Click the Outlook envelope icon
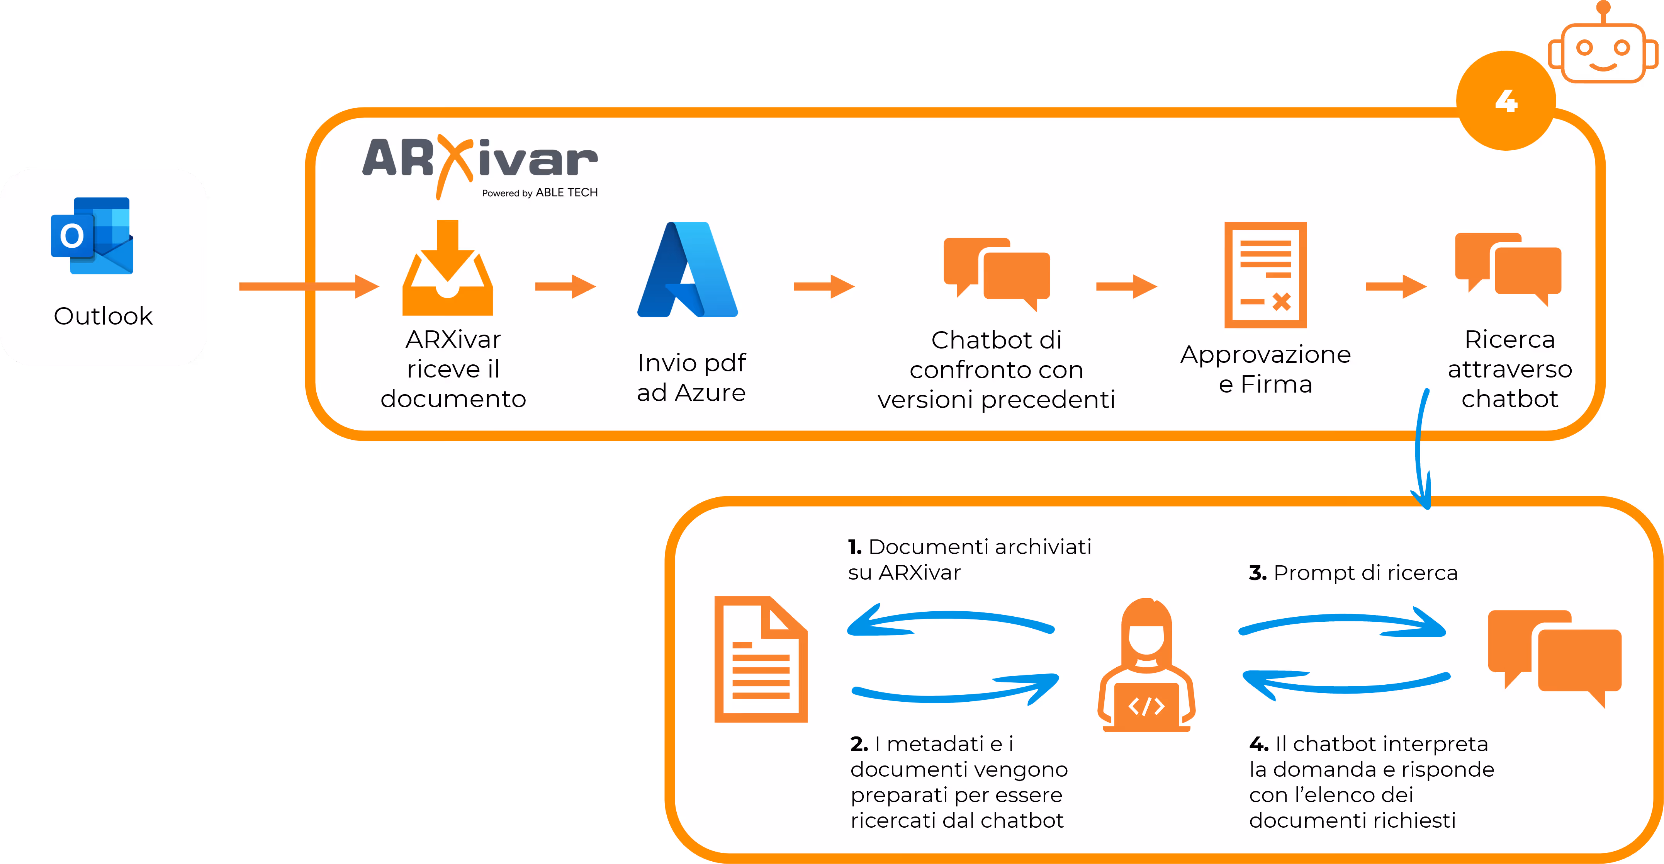pos(92,236)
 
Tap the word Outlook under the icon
pos(104,316)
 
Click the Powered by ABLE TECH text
pos(539,192)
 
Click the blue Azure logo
pos(687,270)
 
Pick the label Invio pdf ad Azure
pos(691,378)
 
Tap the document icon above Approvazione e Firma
pos(1265,275)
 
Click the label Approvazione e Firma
pos(1265,369)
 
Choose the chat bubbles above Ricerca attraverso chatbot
pos(1508,268)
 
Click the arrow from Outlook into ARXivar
pos(308,286)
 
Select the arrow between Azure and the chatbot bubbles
pos(824,286)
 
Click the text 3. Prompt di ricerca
pos(1353,573)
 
